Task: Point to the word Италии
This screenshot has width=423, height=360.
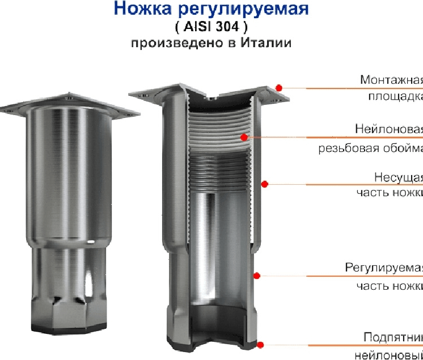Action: pos(268,43)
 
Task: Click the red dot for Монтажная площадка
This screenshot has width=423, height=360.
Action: pos(279,87)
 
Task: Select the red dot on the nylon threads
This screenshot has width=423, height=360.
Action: pos(243,137)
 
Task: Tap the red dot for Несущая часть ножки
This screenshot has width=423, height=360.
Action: pos(264,183)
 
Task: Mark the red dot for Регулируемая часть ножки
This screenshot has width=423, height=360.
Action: pos(256,276)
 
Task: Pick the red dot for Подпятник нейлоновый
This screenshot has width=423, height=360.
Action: pos(260,344)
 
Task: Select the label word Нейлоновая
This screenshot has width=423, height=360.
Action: pos(389,129)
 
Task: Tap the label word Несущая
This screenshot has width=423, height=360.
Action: pos(399,176)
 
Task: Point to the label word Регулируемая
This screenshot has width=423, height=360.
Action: pos(384,268)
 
